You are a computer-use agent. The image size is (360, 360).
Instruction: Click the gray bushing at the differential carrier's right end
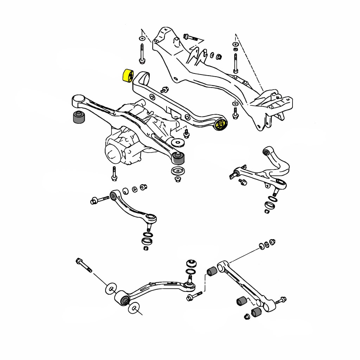pyautogui.click(x=179, y=159)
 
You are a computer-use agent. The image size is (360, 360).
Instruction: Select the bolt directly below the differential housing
pyautogui.click(x=114, y=174)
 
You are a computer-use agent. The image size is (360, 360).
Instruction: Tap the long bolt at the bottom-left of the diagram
pyautogui.click(x=83, y=265)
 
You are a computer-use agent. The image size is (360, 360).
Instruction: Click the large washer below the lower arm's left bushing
pyautogui.click(x=134, y=308)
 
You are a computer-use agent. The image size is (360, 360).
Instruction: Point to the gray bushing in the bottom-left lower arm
pyautogui.click(x=124, y=300)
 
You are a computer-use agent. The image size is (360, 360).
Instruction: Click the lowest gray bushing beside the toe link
pyautogui.click(x=257, y=312)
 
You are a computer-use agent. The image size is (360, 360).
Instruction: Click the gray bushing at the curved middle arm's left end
pyautogui.click(x=113, y=195)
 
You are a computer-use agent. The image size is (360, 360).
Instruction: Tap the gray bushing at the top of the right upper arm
pyautogui.click(x=266, y=152)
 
